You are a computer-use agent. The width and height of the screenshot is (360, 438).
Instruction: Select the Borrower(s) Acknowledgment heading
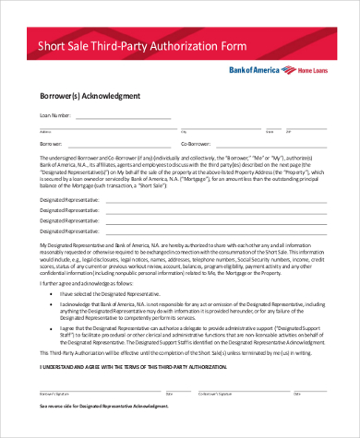90,96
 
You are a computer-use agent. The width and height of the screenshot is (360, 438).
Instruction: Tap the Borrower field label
52,144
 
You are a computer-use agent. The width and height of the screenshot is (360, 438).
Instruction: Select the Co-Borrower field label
197,144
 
